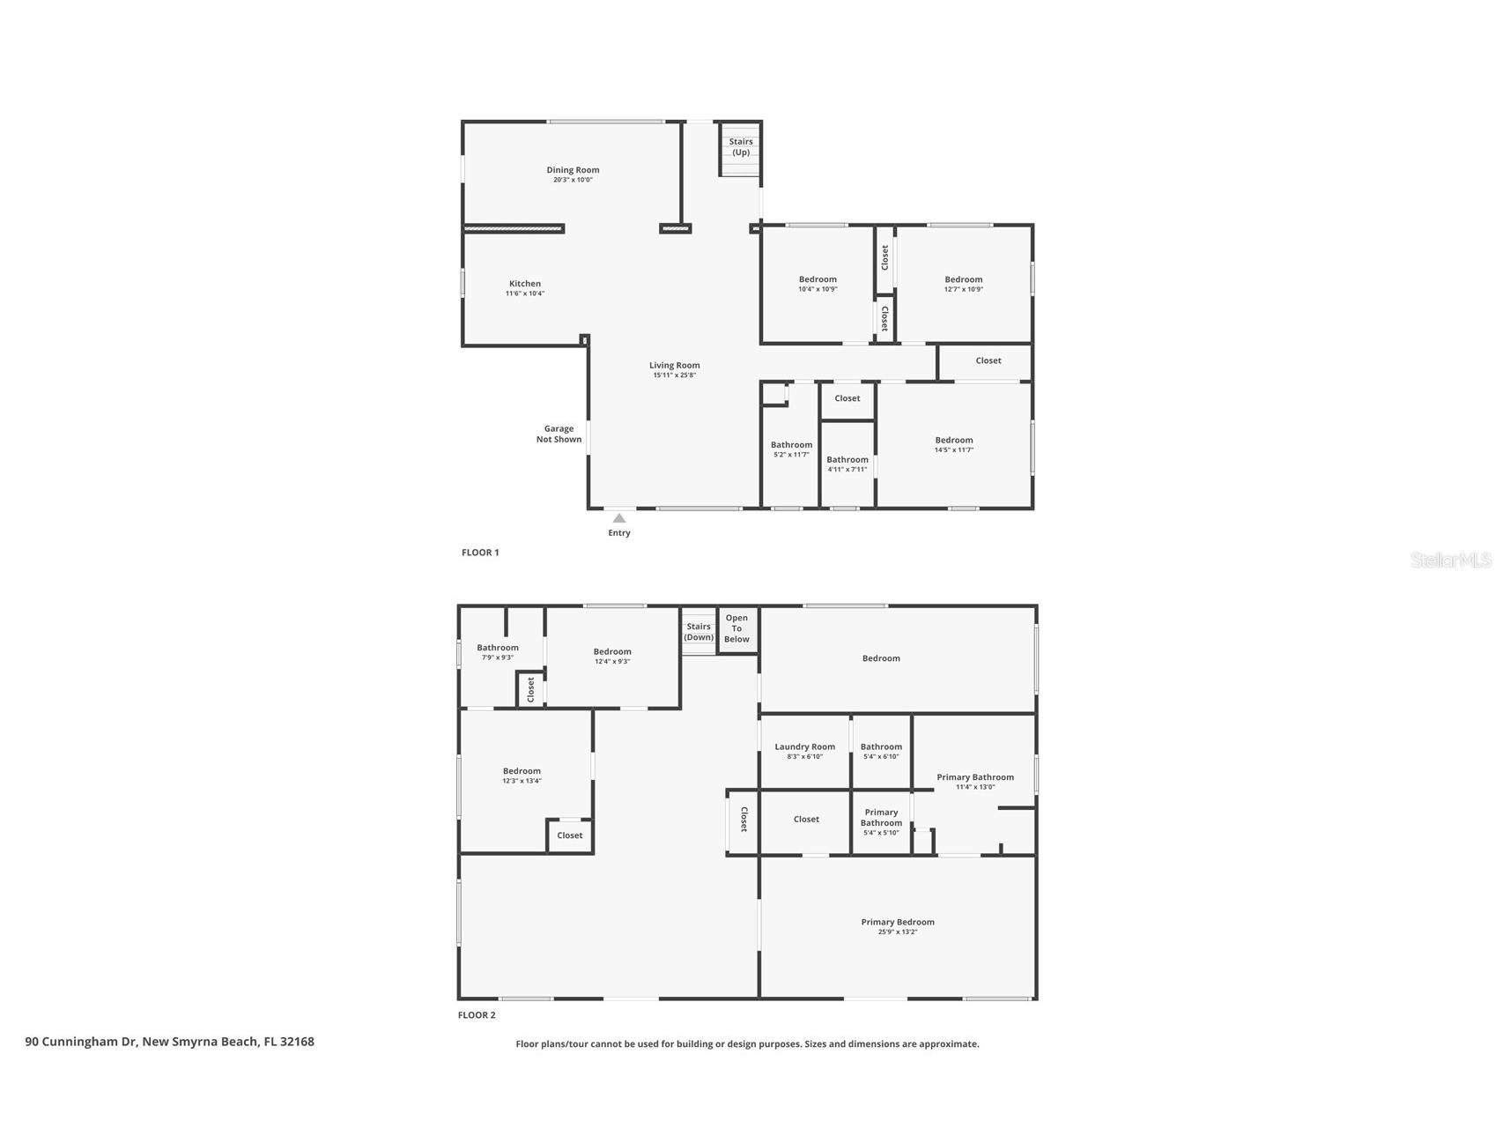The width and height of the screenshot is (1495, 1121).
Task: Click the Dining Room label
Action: coord(573,170)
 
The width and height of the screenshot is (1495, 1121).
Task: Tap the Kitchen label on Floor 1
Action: coord(524,284)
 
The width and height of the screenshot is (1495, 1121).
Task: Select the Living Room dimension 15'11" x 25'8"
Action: coord(674,375)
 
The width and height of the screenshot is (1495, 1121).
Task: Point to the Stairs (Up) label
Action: coord(741,146)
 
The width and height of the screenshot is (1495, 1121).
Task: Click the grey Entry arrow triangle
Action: coord(619,518)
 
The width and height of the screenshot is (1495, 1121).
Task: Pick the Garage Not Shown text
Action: coord(559,434)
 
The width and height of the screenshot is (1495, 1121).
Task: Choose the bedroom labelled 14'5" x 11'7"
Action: coord(953,444)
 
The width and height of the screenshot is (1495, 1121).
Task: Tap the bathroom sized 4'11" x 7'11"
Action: coord(847,464)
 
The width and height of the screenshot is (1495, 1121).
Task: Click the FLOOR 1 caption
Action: coord(480,553)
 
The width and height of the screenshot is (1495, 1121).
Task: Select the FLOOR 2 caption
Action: coord(477,1015)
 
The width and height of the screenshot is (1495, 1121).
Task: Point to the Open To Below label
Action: coord(736,628)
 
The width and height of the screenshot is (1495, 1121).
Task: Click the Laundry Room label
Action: coord(804,746)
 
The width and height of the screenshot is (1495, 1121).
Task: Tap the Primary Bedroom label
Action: coord(898,922)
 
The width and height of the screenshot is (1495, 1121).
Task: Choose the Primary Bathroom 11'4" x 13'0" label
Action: coord(974,782)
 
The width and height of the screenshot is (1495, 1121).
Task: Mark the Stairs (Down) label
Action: coord(699,632)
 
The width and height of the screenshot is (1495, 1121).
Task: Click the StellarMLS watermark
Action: coord(1450,560)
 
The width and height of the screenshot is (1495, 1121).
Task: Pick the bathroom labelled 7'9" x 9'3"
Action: coord(498,652)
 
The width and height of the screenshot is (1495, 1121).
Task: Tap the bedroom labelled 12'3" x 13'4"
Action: coord(522,776)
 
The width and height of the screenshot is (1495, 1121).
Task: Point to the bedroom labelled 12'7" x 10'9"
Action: coord(963,284)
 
